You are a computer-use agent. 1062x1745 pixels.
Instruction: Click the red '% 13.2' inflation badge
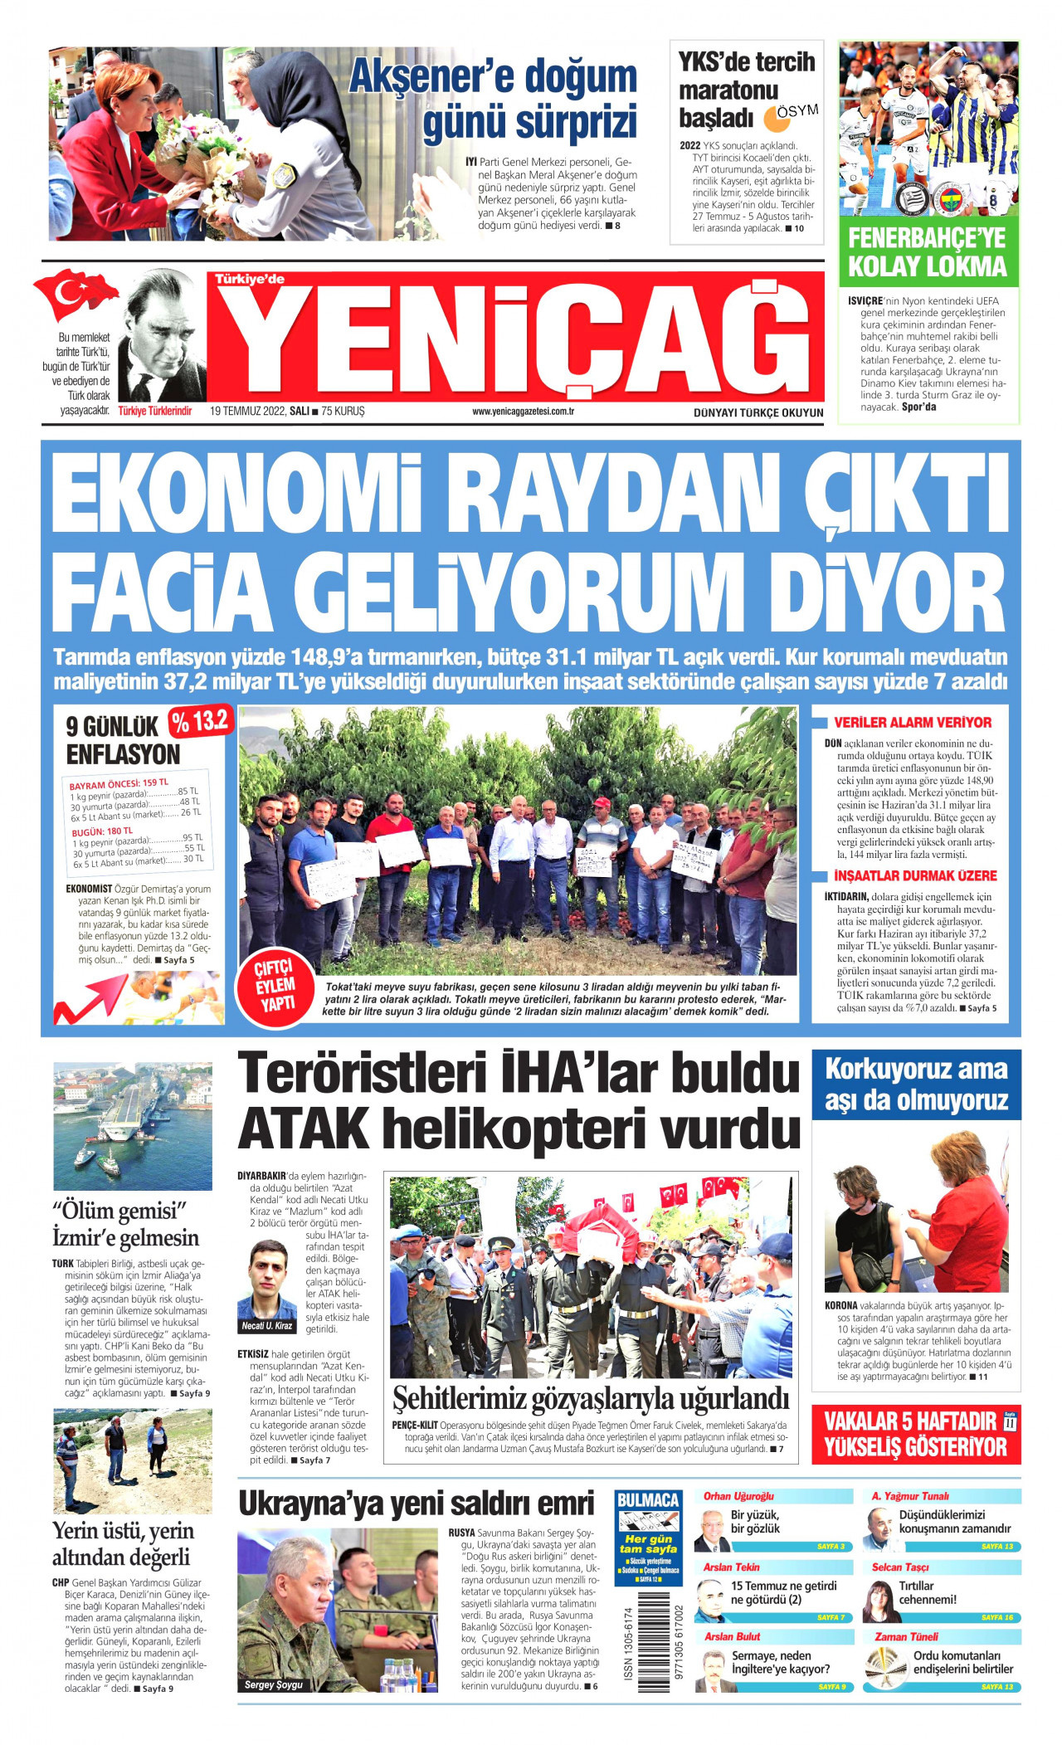click(201, 722)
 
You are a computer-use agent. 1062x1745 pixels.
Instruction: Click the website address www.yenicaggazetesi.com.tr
click(524, 412)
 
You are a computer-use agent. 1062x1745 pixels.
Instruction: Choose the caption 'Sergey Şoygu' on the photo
click(274, 1684)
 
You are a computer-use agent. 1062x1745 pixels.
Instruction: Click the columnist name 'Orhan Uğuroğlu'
click(738, 1496)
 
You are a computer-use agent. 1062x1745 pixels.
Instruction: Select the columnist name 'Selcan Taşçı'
click(900, 1567)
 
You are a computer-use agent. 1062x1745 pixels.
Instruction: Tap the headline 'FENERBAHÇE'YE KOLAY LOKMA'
click(927, 252)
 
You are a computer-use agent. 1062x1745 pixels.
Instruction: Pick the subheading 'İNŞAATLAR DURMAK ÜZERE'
click(915, 875)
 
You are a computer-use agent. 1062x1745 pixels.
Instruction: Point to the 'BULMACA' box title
click(647, 1499)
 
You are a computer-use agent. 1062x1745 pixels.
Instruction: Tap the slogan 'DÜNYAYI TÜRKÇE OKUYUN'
click(758, 412)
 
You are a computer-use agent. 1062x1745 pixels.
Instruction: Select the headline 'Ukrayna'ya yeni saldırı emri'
click(417, 1503)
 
